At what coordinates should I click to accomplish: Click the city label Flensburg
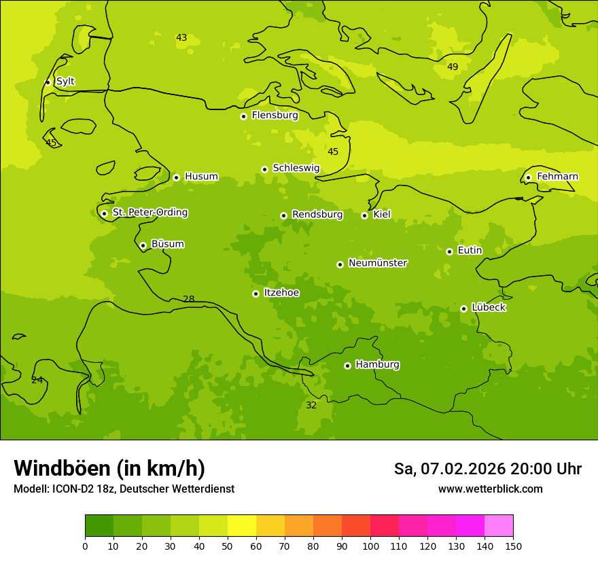tap(275, 116)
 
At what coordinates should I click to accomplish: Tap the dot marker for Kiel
tap(365, 215)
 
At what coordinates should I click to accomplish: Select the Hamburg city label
tap(377, 365)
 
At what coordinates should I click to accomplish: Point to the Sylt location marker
tap(48, 82)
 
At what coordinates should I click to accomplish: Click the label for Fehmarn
tap(557, 177)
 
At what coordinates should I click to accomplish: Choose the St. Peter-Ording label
tap(149, 213)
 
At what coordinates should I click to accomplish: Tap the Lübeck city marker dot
tap(463, 309)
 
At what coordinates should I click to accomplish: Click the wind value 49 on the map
tap(453, 67)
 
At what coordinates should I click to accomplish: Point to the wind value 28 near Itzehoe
tap(189, 299)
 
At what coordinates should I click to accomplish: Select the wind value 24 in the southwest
tap(37, 380)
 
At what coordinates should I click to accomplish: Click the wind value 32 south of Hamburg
tap(311, 405)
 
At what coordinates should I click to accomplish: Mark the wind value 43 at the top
tap(181, 37)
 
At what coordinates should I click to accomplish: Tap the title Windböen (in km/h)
tap(109, 468)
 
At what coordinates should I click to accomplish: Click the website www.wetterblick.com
tap(490, 489)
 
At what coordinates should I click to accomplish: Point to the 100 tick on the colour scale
tap(370, 546)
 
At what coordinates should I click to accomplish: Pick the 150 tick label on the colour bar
tap(513, 546)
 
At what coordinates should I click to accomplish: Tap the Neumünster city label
tap(377, 263)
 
